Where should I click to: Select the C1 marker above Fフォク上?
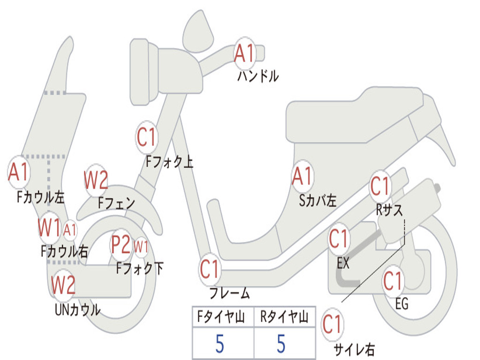pos(147,137)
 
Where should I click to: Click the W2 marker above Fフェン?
pos(96,180)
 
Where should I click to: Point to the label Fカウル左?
pos(41,197)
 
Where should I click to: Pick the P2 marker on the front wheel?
pos(120,245)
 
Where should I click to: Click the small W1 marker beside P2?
pos(141,246)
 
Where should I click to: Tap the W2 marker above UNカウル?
pos(63,285)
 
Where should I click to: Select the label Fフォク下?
pos(140,269)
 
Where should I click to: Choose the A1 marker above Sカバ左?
pos(302,176)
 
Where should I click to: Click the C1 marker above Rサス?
pos(380,186)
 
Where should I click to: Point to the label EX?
pos(343,263)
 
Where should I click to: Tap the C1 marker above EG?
pos(393,281)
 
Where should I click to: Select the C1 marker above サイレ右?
pos(332,324)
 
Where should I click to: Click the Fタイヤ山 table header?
pos(221,317)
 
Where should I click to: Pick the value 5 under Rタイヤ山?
pos(281,344)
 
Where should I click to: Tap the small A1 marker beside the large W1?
pos(70,230)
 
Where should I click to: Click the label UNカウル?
pos(78,310)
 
